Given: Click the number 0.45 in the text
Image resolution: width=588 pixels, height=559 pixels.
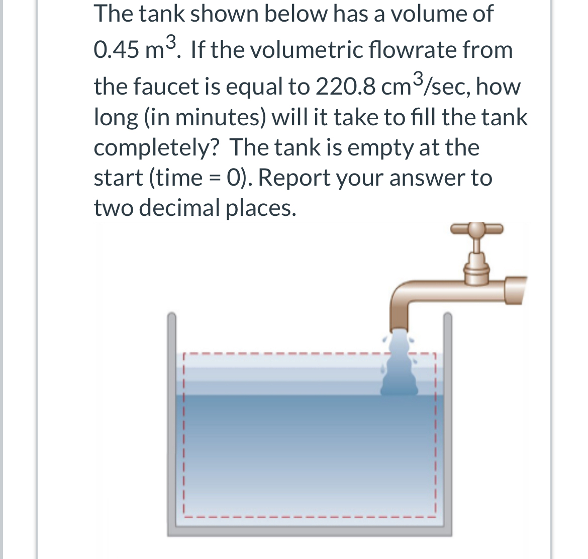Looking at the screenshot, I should [117, 50].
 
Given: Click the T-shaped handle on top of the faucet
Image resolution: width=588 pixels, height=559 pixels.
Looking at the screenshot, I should [476, 229].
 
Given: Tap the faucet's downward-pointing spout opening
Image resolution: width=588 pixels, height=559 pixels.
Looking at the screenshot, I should [401, 326].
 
